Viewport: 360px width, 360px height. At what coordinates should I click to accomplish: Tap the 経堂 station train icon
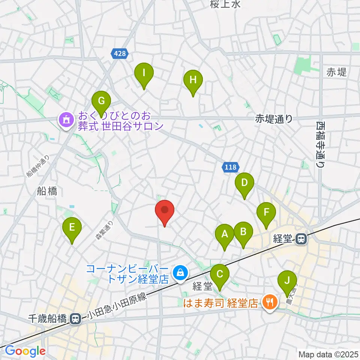301,238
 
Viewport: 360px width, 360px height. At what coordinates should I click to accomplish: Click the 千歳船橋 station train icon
75,319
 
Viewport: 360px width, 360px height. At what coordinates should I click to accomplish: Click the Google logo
25,351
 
